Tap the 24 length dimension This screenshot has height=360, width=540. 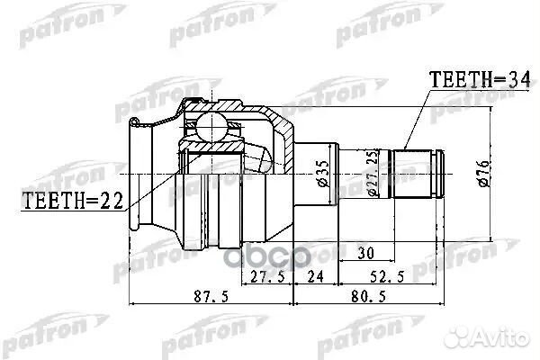(x=315, y=278)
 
